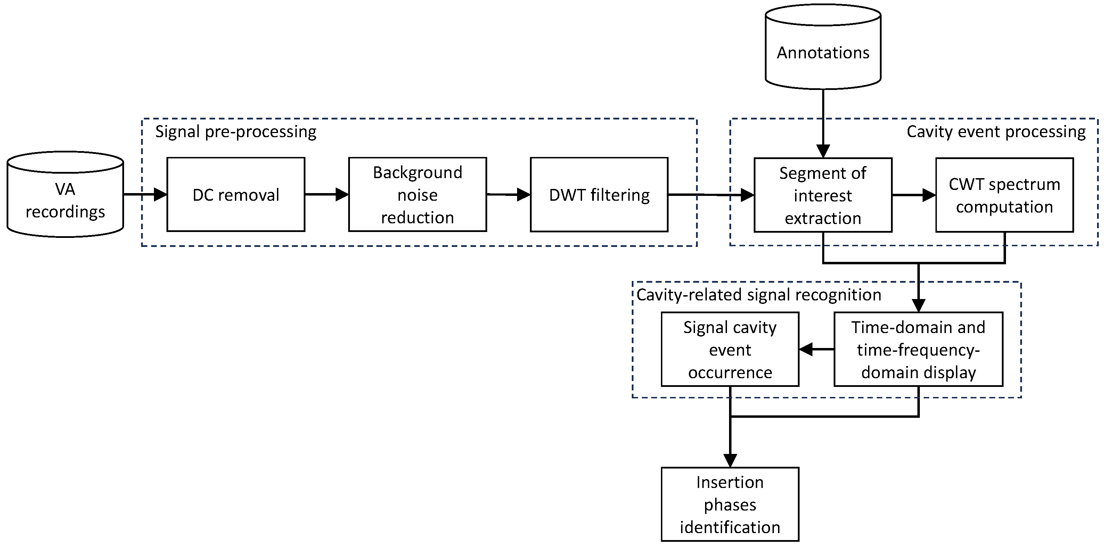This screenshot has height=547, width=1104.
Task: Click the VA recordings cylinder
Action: point(65,200)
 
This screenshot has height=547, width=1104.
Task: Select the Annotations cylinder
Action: point(823,52)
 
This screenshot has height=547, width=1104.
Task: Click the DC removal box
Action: point(236,195)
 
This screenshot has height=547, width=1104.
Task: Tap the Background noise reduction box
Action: point(417,195)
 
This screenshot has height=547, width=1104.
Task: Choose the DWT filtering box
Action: point(599,195)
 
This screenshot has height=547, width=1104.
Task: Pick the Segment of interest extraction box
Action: point(823,195)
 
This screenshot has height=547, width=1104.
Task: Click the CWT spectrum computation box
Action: point(1004,195)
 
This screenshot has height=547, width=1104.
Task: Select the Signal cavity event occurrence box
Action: point(730,349)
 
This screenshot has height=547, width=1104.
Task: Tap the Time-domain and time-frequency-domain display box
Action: point(918,349)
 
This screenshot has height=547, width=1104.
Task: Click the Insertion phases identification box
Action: point(730,505)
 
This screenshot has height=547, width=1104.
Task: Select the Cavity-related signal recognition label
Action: point(759,295)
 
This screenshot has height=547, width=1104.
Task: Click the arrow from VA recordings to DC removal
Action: point(145,194)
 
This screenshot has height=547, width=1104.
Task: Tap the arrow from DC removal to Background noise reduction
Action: point(327,194)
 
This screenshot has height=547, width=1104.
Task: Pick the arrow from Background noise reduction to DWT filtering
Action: point(508,194)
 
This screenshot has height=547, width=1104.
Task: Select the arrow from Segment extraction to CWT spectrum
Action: point(914,195)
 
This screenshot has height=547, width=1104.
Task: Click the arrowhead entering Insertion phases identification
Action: point(730,460)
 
